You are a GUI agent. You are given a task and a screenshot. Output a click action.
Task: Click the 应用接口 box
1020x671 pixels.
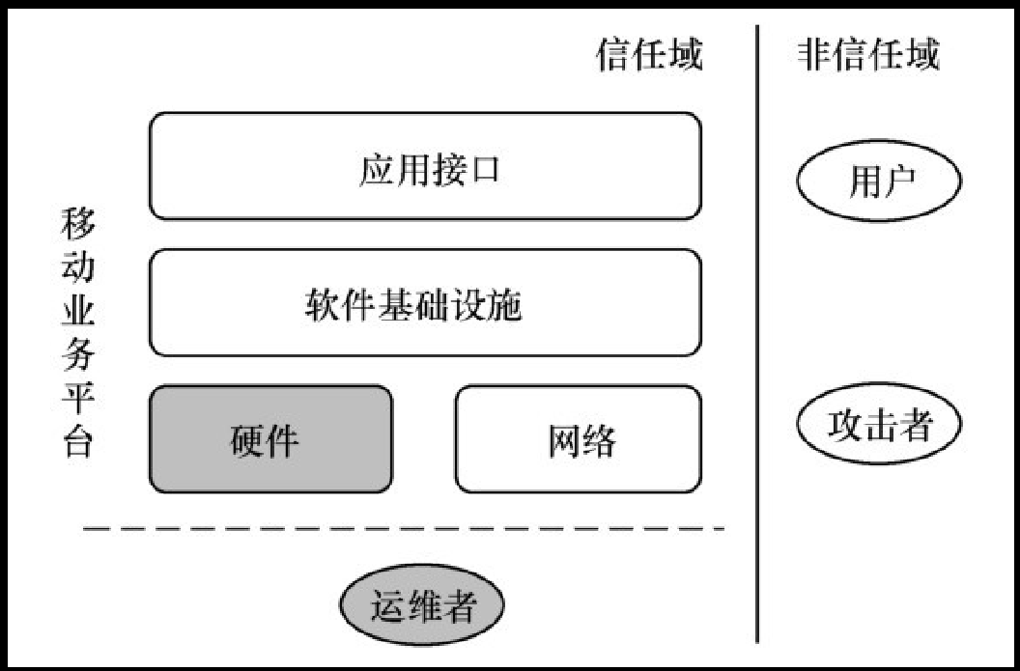(425, 166)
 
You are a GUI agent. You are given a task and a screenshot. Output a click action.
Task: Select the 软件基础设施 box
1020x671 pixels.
(425, 302)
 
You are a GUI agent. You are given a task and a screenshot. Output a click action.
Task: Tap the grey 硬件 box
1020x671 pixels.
(270, 438)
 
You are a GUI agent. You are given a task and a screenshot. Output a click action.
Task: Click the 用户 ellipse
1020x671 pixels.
(877, 180)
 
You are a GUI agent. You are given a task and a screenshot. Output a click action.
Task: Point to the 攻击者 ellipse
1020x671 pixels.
(878, 425)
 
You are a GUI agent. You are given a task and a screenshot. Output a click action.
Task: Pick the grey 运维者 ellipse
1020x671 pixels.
(422, 607)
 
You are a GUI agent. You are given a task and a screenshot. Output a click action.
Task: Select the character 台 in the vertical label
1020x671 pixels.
(77, 443)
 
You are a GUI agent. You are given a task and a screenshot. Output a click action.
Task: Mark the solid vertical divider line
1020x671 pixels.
(757, 338)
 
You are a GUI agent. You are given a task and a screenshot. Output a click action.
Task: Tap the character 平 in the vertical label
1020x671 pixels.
(77, 400)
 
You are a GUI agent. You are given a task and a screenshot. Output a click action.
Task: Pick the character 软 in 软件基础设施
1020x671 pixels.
(320, 306)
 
